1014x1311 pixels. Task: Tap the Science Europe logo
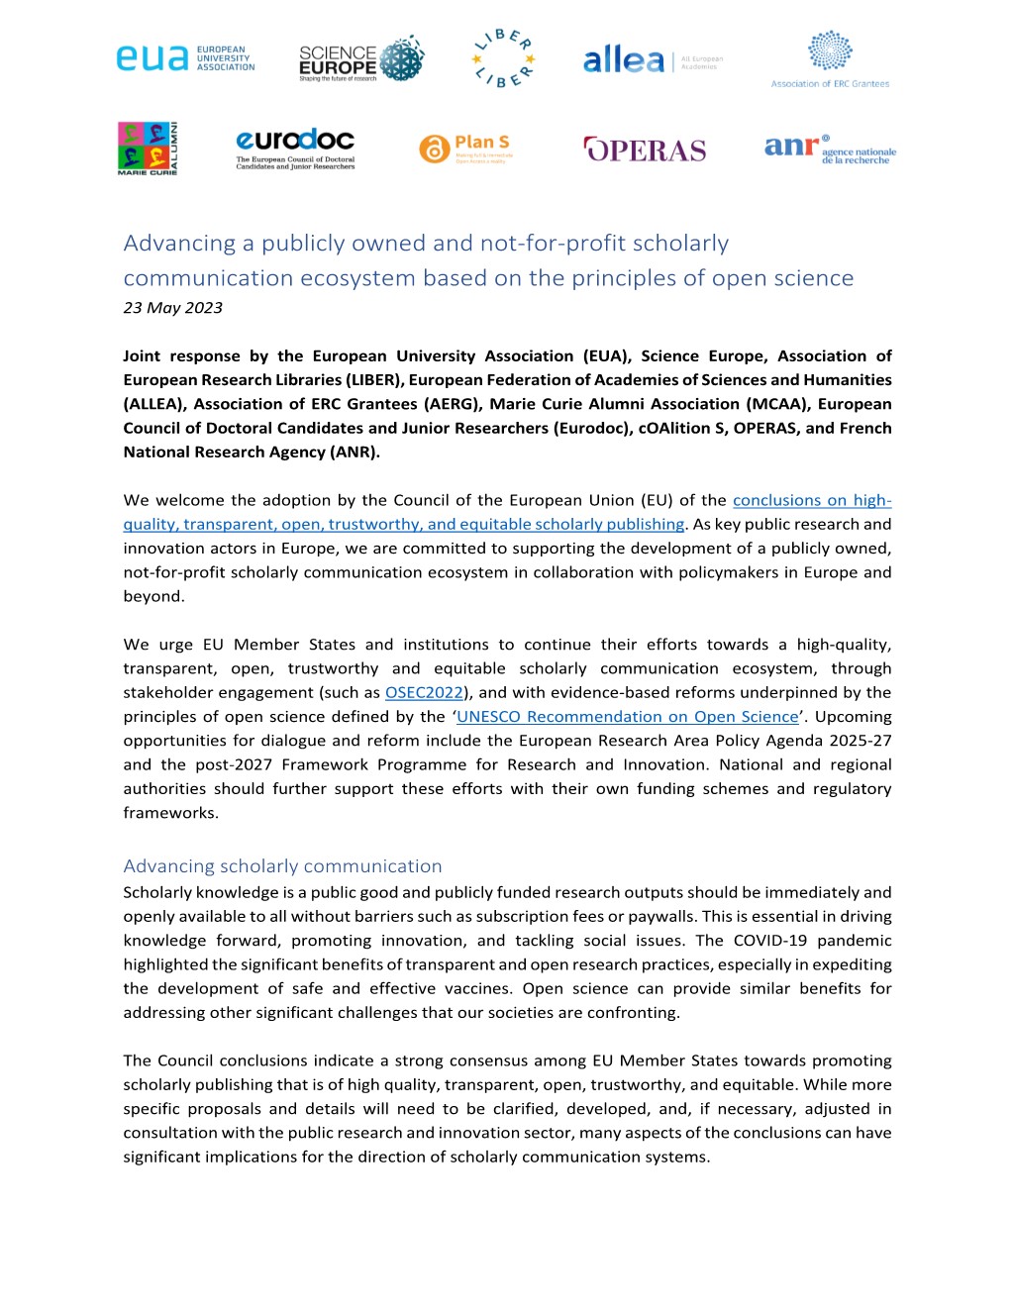(x=360, y=60)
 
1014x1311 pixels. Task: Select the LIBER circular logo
(x=504, y=58)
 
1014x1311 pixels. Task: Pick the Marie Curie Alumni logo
(x=148, y=149)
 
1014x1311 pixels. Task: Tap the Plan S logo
(x=465, y=149)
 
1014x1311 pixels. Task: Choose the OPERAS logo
(x=646, y=150)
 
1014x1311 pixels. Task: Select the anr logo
(x=830, y=149)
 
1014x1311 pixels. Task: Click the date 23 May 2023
(x=172, y=308)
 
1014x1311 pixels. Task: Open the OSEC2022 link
(x=424, y=692)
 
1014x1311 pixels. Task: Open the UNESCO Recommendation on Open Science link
(x=627, y=716)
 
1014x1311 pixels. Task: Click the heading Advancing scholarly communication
(x=282, y=865)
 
